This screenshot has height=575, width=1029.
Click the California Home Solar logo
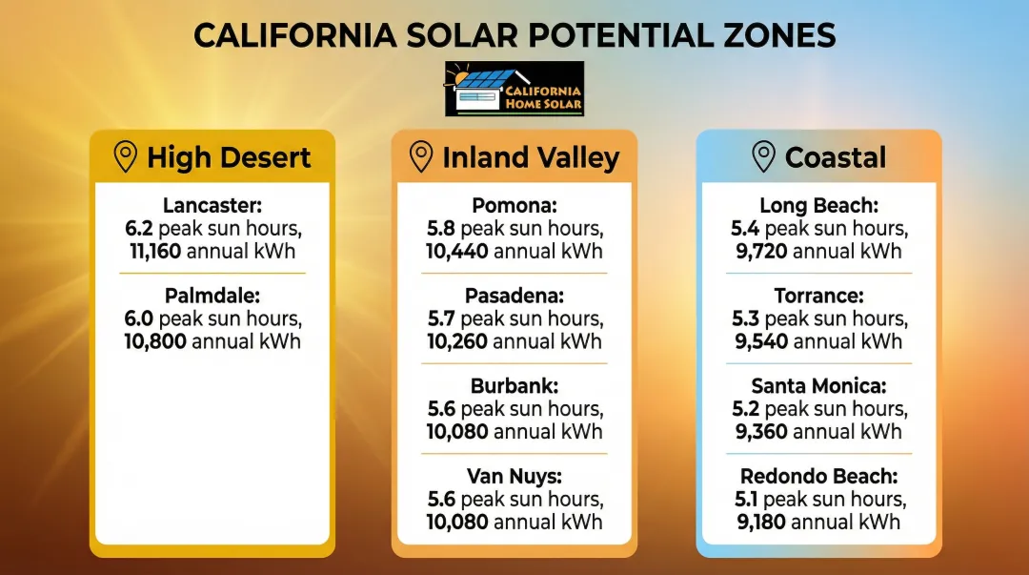[514, 90]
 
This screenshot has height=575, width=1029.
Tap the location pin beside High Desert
[125, 157]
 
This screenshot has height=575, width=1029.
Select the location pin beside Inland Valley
[420, 157]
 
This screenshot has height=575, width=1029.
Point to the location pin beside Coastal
[763, 157]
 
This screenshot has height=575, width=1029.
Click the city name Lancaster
[212, 206]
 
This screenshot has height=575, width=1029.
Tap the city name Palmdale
[212, 296]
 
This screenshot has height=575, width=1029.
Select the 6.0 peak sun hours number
[139, 318]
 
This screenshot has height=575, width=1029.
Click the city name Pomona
[514, 206]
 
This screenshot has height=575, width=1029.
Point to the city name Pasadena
[514, 296]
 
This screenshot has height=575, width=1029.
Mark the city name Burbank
[514, 386]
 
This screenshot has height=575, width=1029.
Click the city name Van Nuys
[514, 476]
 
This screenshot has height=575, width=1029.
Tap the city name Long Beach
[818, 206]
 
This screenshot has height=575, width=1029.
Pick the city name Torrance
[818, 296]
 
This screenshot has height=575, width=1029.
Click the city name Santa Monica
[818, 386]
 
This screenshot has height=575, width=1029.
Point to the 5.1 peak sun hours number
[744, 499]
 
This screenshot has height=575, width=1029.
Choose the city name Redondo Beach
[818, 476]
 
